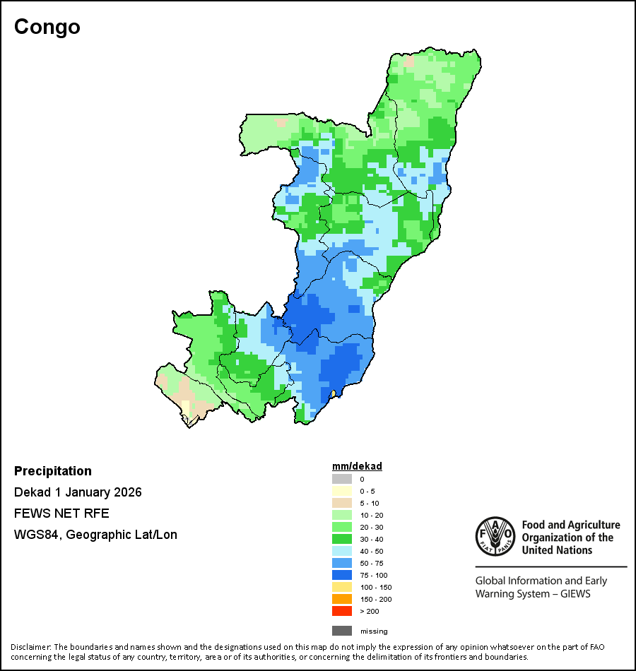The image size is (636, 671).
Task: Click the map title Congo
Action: click(47, 27)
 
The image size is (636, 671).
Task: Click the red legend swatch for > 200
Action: click(342, 611)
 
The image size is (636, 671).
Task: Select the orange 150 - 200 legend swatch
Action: click(342, 599)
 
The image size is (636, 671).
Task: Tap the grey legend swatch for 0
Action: click(342, 479)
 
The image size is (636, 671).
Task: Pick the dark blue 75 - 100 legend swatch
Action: click(342, 575)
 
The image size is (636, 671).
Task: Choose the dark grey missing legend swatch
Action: click(342, 631)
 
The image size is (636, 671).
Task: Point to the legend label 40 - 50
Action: click(372, 551)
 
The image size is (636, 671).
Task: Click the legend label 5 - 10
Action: click(370, 503)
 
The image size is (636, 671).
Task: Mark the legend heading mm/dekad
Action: click(357, 466)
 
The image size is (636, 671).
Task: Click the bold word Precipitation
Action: click(53, 471)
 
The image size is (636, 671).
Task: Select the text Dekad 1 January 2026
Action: click(78, 492)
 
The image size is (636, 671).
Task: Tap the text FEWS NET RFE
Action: click(61, 513)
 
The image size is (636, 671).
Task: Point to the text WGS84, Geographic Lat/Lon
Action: click(95, 535)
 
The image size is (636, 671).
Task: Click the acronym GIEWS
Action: click(575, 593)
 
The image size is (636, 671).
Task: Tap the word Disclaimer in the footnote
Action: click(30, 647)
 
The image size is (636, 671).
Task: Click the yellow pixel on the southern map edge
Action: click(333, 393)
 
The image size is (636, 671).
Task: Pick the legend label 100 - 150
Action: click(375, 587)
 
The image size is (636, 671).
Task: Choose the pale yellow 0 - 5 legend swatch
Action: click(342, 491)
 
